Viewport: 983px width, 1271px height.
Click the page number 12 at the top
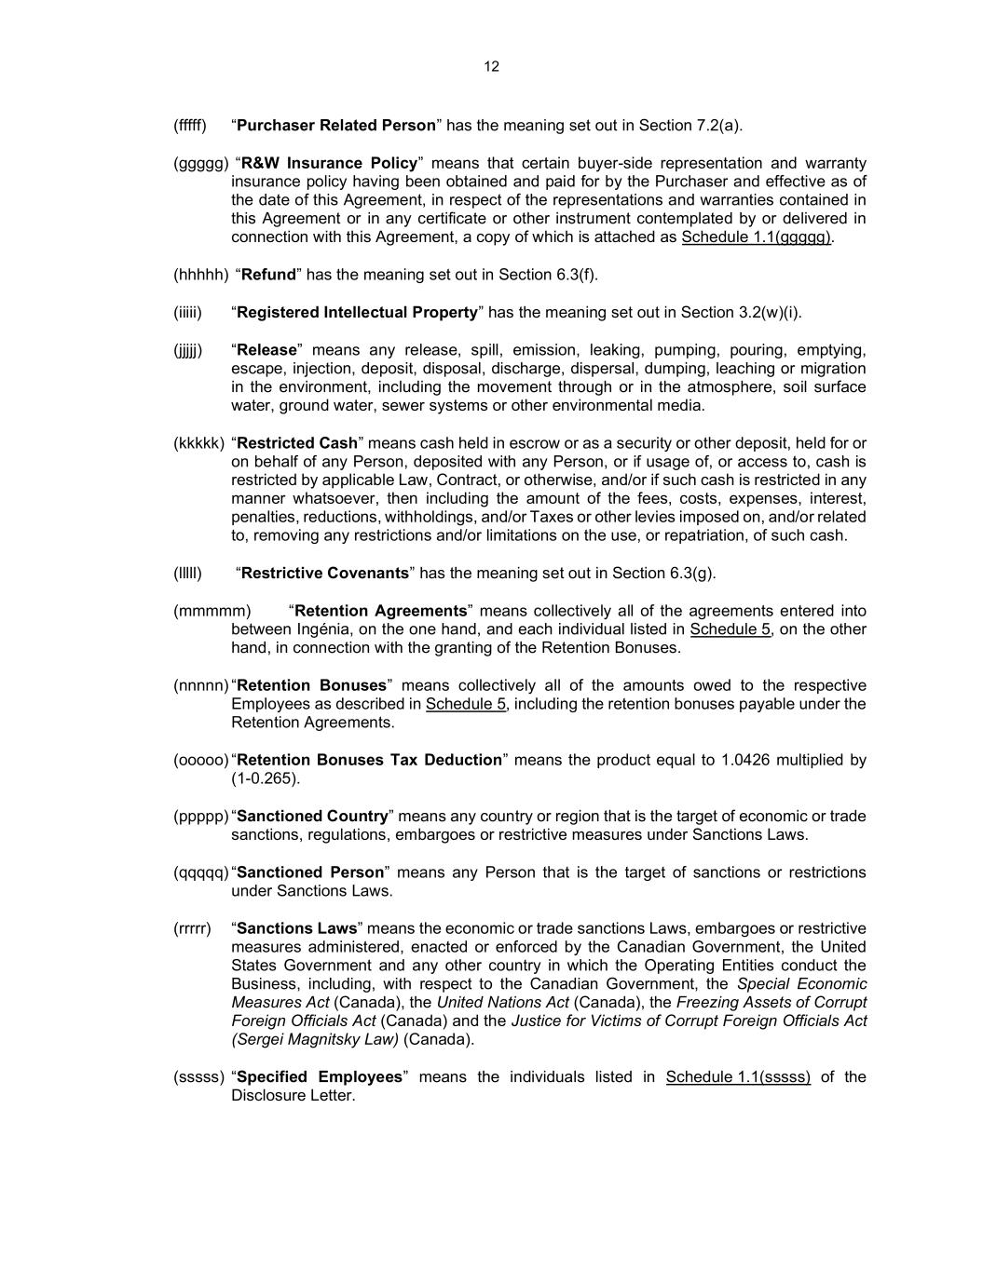tap(492, 66)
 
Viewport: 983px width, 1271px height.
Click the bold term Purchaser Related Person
tap(336, 126)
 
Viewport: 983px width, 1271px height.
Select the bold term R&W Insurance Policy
tap(329, 163)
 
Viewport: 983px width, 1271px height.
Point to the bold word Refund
tap(268, 275)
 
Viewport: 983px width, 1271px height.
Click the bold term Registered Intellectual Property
tap(357, 312)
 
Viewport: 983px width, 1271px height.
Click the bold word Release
tap(266, 350)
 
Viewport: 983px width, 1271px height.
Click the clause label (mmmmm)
tap(212, 611)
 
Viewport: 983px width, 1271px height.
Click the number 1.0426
tap(745, 760)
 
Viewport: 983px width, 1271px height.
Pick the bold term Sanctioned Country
tap(313, 816)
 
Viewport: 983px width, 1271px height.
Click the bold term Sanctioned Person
tap(310, 872)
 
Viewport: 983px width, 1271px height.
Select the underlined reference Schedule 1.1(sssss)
tap(738, 1077)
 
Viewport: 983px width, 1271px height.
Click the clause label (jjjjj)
tap(187, 350)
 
